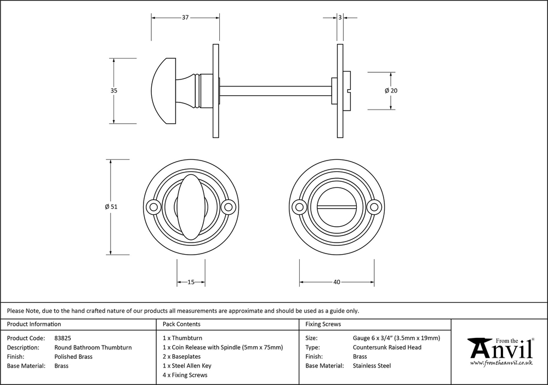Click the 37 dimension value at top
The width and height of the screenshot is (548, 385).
pyautogui.click(x=185, y=18)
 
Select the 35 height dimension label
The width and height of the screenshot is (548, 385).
pyautogui.click(x=114, y=91)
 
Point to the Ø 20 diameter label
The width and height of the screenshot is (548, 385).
pyautogui.click(x=391, y=90)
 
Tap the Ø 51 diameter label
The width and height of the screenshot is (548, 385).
pyautogui.click(x=111, y=207)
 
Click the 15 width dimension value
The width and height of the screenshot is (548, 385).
pyautogui.click(x=191, y=282)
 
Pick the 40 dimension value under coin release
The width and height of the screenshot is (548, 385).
pyautogui.click(x=336, y=282)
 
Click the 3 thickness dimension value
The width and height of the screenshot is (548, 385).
pyautogui.click(x=340, y=18)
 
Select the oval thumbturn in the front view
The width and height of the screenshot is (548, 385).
pyautogui.click(x=191, y=206)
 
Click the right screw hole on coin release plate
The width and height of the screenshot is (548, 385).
pyautogui.click(x=375, y=207)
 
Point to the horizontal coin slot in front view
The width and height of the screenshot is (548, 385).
pyautogui.click(x=337, y=207)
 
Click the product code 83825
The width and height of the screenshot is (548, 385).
pyautogui.click(x=63, y=338)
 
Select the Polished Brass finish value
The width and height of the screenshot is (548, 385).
pyautogui.click(x=73, y=357)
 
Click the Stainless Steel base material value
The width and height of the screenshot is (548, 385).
pyautogui.click(x=372, y=366)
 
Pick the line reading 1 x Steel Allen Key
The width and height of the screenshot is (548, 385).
pyautogui.click(x=187, y=366)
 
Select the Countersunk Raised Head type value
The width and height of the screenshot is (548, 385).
pyautogui.click(x=387, y=347)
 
